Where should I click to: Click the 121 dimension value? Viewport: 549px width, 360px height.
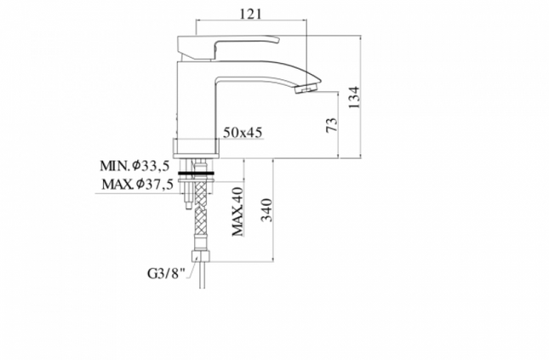point(251,14)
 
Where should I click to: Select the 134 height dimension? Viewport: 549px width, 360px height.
point(354,97)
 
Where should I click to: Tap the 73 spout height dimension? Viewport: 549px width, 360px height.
point(332,124)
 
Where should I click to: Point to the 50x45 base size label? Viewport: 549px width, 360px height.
point(243,133)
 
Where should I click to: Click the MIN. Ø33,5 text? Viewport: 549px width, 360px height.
point(134,166)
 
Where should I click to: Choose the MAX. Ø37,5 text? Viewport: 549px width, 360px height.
point(137,184)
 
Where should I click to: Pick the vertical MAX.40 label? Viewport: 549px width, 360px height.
point(237,212)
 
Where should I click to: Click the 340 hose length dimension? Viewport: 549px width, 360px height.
point(267,210)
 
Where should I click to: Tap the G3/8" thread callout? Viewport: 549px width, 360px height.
point(166,273)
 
